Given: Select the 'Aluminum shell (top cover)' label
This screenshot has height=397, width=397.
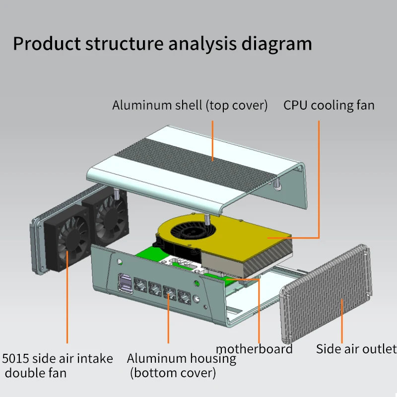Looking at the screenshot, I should click(x=190, y=106).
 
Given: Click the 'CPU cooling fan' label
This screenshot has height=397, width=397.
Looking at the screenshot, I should click(x=329, y=106).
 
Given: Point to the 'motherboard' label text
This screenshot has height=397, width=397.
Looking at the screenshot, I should click(x=254, y=349).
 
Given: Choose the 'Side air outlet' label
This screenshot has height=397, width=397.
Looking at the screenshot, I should click(x=356, y=349).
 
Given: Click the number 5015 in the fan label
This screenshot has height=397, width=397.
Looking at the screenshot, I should click(x=16, y=359).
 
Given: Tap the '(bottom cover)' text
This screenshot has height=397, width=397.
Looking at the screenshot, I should click(x=173, y=373).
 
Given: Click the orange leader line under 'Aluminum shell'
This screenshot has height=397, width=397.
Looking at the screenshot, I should click(x=213, y=136).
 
